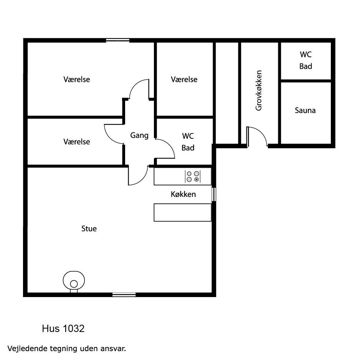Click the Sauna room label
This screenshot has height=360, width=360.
point(305,111)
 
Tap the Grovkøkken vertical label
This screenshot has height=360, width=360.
point(259,91)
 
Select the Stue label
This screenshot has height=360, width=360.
point(89,229)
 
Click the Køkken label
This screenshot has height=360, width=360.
point(183,194)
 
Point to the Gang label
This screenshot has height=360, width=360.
point(139,135)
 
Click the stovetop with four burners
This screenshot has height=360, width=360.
point(193,177)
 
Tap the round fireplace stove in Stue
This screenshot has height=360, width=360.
point(74,282)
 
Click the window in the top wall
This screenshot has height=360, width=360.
point(117,40)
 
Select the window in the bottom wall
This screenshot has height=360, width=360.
point(124,295)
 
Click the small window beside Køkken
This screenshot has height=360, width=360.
point(214,195)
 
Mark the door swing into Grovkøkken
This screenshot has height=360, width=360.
point(257,136)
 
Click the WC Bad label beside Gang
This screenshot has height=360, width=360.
point(188,142)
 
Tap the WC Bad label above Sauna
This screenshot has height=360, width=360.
point(306,60)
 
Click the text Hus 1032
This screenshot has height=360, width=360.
point(63,329)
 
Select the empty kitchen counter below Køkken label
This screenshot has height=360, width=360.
point(183,212)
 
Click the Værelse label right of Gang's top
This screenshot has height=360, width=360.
point(184,79)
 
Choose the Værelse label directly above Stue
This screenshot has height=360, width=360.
point(77,142)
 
